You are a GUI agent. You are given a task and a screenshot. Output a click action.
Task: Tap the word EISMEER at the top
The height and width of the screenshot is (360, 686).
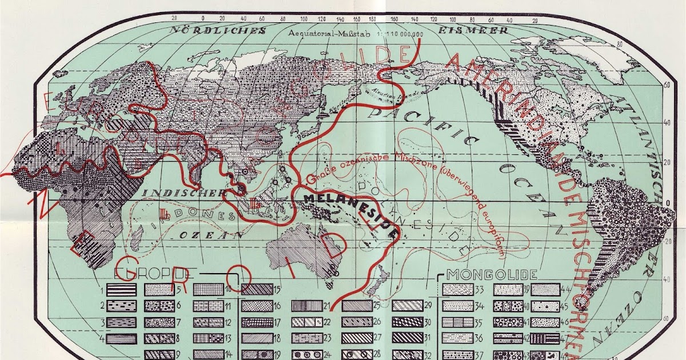click(472, 30)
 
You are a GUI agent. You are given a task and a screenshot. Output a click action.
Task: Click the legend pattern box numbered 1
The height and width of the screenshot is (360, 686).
click(121, 290)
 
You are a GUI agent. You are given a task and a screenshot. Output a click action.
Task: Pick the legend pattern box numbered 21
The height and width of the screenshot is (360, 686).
click(306, 306)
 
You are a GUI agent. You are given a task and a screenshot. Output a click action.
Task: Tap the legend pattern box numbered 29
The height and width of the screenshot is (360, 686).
click(407, 306)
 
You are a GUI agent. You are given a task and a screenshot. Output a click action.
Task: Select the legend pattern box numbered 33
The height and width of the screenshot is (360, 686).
click(458, 290)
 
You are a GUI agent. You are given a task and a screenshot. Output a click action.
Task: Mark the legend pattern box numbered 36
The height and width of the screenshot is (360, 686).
click(458, 338)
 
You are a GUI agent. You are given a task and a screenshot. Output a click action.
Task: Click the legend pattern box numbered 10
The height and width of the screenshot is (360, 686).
click(208, 290)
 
